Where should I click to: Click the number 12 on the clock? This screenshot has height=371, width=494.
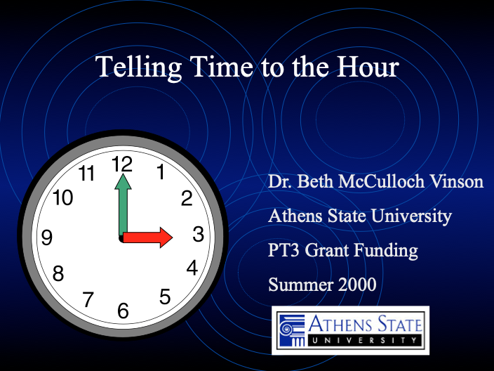tap(122, 164)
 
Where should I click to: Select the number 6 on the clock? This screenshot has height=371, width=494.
tap(123, 310)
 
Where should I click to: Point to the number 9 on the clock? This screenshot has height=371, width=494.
tap(47, 238)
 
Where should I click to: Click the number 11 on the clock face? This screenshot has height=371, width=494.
tap(87, 174)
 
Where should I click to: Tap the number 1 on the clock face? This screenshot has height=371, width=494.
tap(160, 171)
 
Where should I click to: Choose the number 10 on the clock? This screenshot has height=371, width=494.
tap(63, 198)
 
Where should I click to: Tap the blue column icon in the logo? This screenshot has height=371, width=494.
tap(288, 328)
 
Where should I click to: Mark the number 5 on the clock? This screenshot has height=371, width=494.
tap(165, 297)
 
